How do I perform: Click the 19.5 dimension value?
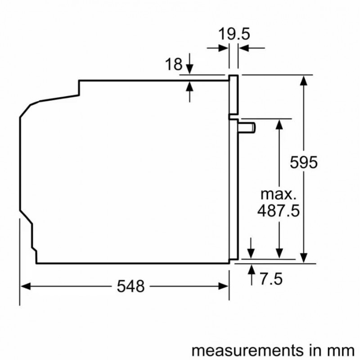234,34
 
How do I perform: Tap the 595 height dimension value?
304,162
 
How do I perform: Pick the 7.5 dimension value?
271,279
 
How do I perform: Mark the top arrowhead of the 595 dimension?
305,80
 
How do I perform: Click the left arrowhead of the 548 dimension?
26,286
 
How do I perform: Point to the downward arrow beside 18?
189,68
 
